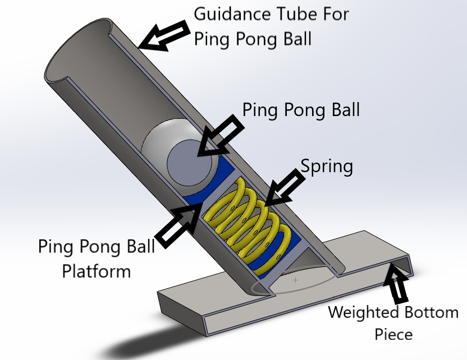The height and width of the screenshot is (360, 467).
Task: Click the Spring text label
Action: coord(327,167)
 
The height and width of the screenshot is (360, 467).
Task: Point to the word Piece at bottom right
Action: coord(393,334)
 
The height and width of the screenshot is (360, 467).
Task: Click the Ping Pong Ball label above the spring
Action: coord(301,109)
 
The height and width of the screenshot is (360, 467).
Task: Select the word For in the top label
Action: coord(335,14)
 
